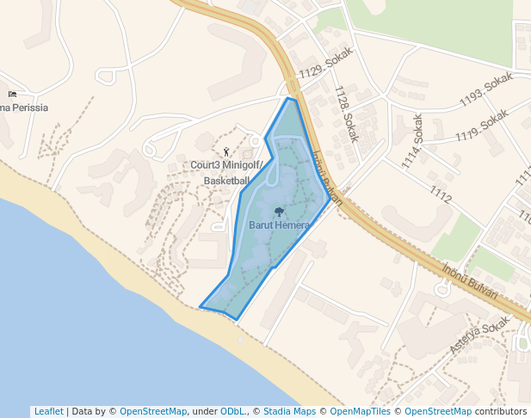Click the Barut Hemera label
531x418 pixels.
(278, 225)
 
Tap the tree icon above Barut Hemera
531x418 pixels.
(279, 212)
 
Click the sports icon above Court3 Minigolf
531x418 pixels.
(226, 152)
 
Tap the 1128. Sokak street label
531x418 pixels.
(346, 114)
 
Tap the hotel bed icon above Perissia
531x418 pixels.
(12, 94)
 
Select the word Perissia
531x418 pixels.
(26, 108)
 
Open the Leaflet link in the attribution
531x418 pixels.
(48, 411)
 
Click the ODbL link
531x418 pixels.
(232, 411)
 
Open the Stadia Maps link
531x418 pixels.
(289, 411)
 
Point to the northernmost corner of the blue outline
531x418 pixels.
(288, 99)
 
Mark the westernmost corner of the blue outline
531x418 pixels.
(200, 306)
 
